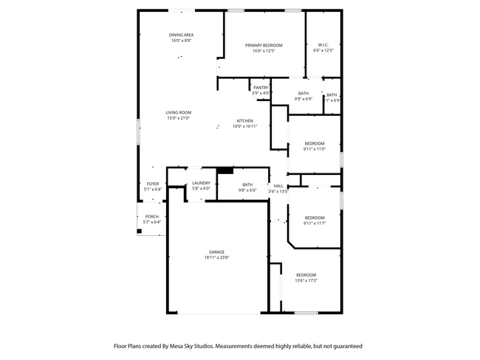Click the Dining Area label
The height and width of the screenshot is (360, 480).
(181, 35)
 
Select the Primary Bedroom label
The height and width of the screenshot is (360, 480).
(263, 45)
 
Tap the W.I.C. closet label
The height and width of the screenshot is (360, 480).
(323, 45)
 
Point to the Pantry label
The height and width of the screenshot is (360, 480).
(261, 87)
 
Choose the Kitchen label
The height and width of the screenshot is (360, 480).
(244, 121)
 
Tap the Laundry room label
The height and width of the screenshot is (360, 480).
(201, 183)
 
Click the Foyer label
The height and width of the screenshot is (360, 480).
(152, 183)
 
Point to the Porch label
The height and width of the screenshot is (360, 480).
(151, 216)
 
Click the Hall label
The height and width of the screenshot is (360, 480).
(278, 185)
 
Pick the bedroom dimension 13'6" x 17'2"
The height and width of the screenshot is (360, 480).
(306, 280)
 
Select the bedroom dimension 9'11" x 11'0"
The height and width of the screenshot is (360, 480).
(315, 149)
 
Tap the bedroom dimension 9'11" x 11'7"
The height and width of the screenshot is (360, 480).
(315, 223)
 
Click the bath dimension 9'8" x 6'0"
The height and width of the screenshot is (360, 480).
(247, 190)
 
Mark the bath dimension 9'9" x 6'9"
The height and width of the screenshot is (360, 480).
(304, 99)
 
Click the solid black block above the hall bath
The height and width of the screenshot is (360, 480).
(220, 172)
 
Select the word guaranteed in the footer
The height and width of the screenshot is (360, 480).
(345, 345)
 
